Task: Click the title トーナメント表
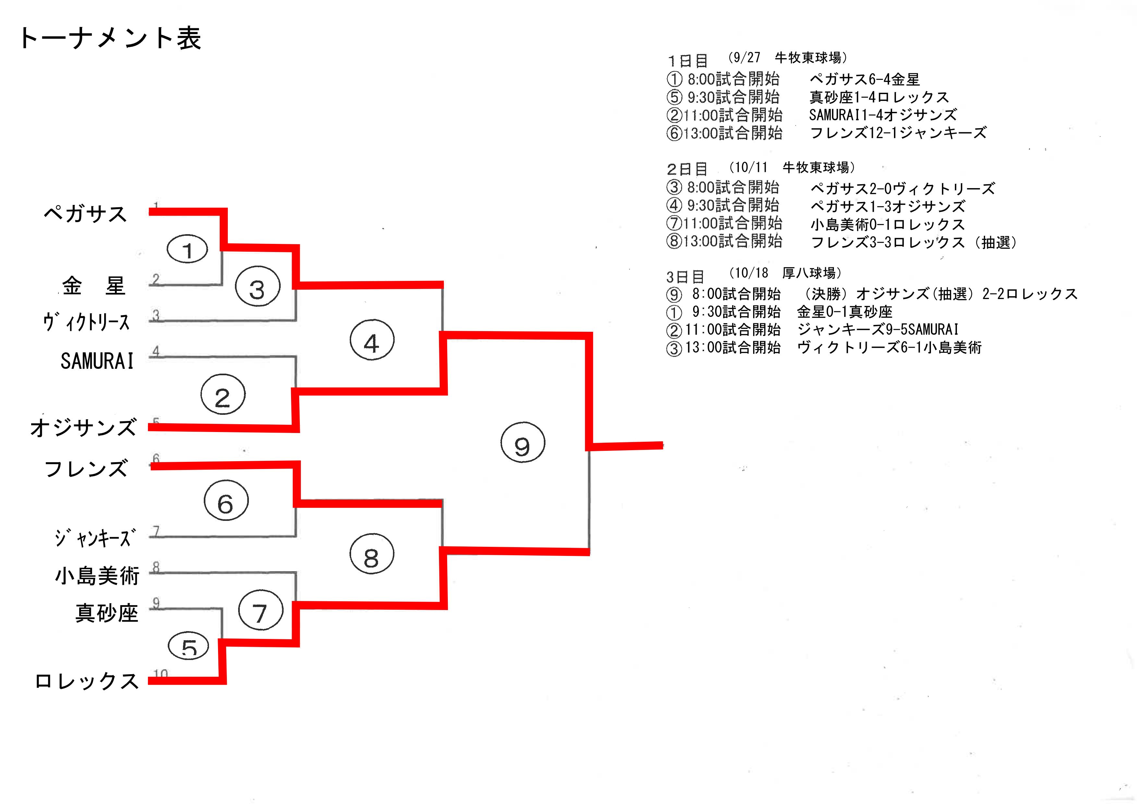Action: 110,38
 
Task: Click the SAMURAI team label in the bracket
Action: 97,361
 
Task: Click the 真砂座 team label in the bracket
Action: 106,613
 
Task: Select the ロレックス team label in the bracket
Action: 87,681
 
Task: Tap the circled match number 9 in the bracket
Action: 522,443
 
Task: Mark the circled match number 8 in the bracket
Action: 372,554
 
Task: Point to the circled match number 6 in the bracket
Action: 226,500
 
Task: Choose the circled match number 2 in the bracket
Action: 223,395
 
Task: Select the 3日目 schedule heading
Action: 685,277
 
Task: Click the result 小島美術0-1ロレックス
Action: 887,224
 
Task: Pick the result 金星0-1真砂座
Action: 844,312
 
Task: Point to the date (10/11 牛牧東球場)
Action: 793,167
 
